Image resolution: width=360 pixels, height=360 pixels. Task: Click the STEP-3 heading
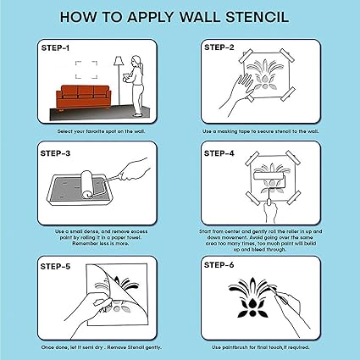pos(54,154)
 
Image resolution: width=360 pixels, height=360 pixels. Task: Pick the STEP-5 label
pos(54,266)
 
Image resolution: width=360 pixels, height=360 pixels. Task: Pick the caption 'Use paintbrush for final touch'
pos(259,346)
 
